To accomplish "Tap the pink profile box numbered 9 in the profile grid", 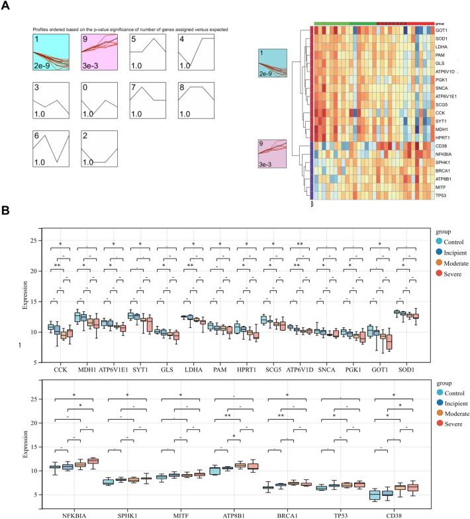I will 99,53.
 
